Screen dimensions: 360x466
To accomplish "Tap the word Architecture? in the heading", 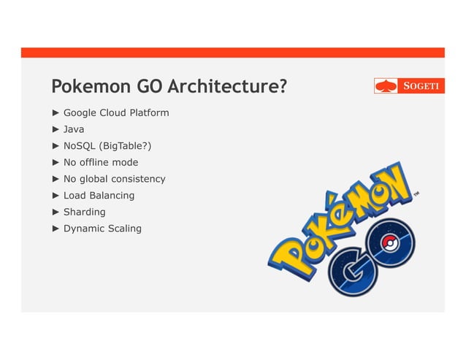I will [x=226, y=87].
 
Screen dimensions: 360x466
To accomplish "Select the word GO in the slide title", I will [x=150, y=87].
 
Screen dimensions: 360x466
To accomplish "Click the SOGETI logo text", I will [x=422, y=86].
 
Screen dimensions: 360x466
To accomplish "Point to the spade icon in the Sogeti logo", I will [x=386, y=86].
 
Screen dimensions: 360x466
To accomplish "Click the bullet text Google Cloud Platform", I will [x=116, y=112].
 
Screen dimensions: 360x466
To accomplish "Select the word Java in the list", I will [x=74, y=129].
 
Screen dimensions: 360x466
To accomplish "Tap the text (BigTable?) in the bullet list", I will [x=126, y=146].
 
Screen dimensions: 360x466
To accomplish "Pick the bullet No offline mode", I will [x=101, y=162].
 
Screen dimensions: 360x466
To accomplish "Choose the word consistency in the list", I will [x=138, y=179].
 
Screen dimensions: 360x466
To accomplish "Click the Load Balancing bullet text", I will [x=99, y=195].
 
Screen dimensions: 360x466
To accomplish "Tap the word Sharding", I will [x=84, y=212].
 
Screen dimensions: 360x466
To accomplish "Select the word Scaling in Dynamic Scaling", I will [x=125, y=229].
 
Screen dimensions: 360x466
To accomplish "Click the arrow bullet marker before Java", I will [x=56, y=129].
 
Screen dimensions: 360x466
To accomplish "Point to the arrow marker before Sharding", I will [x=56, y=212].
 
